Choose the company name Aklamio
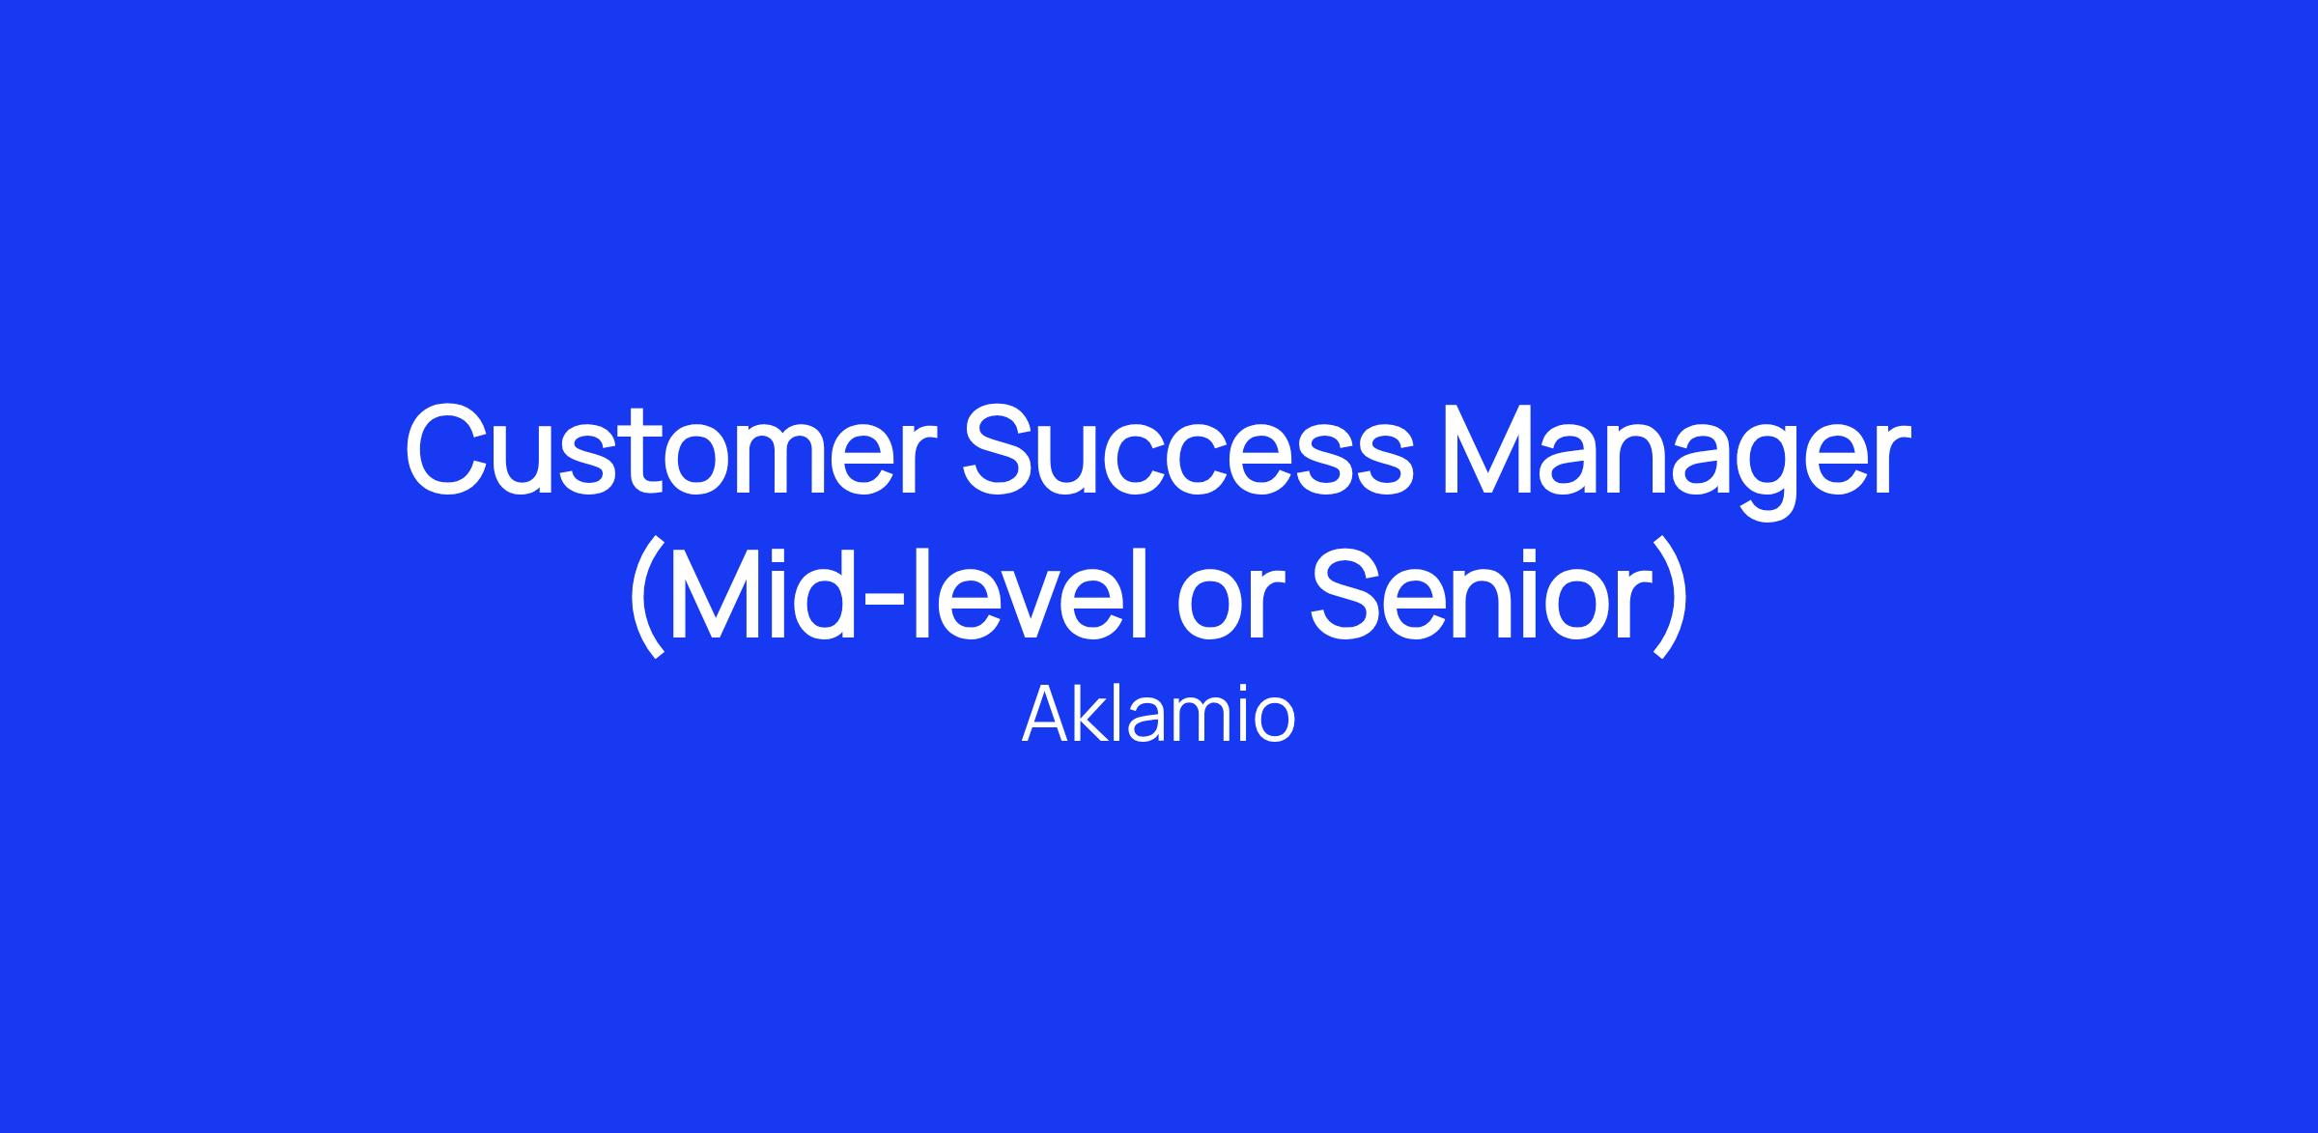(1158, 715)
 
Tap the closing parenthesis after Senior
(1670, 599)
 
